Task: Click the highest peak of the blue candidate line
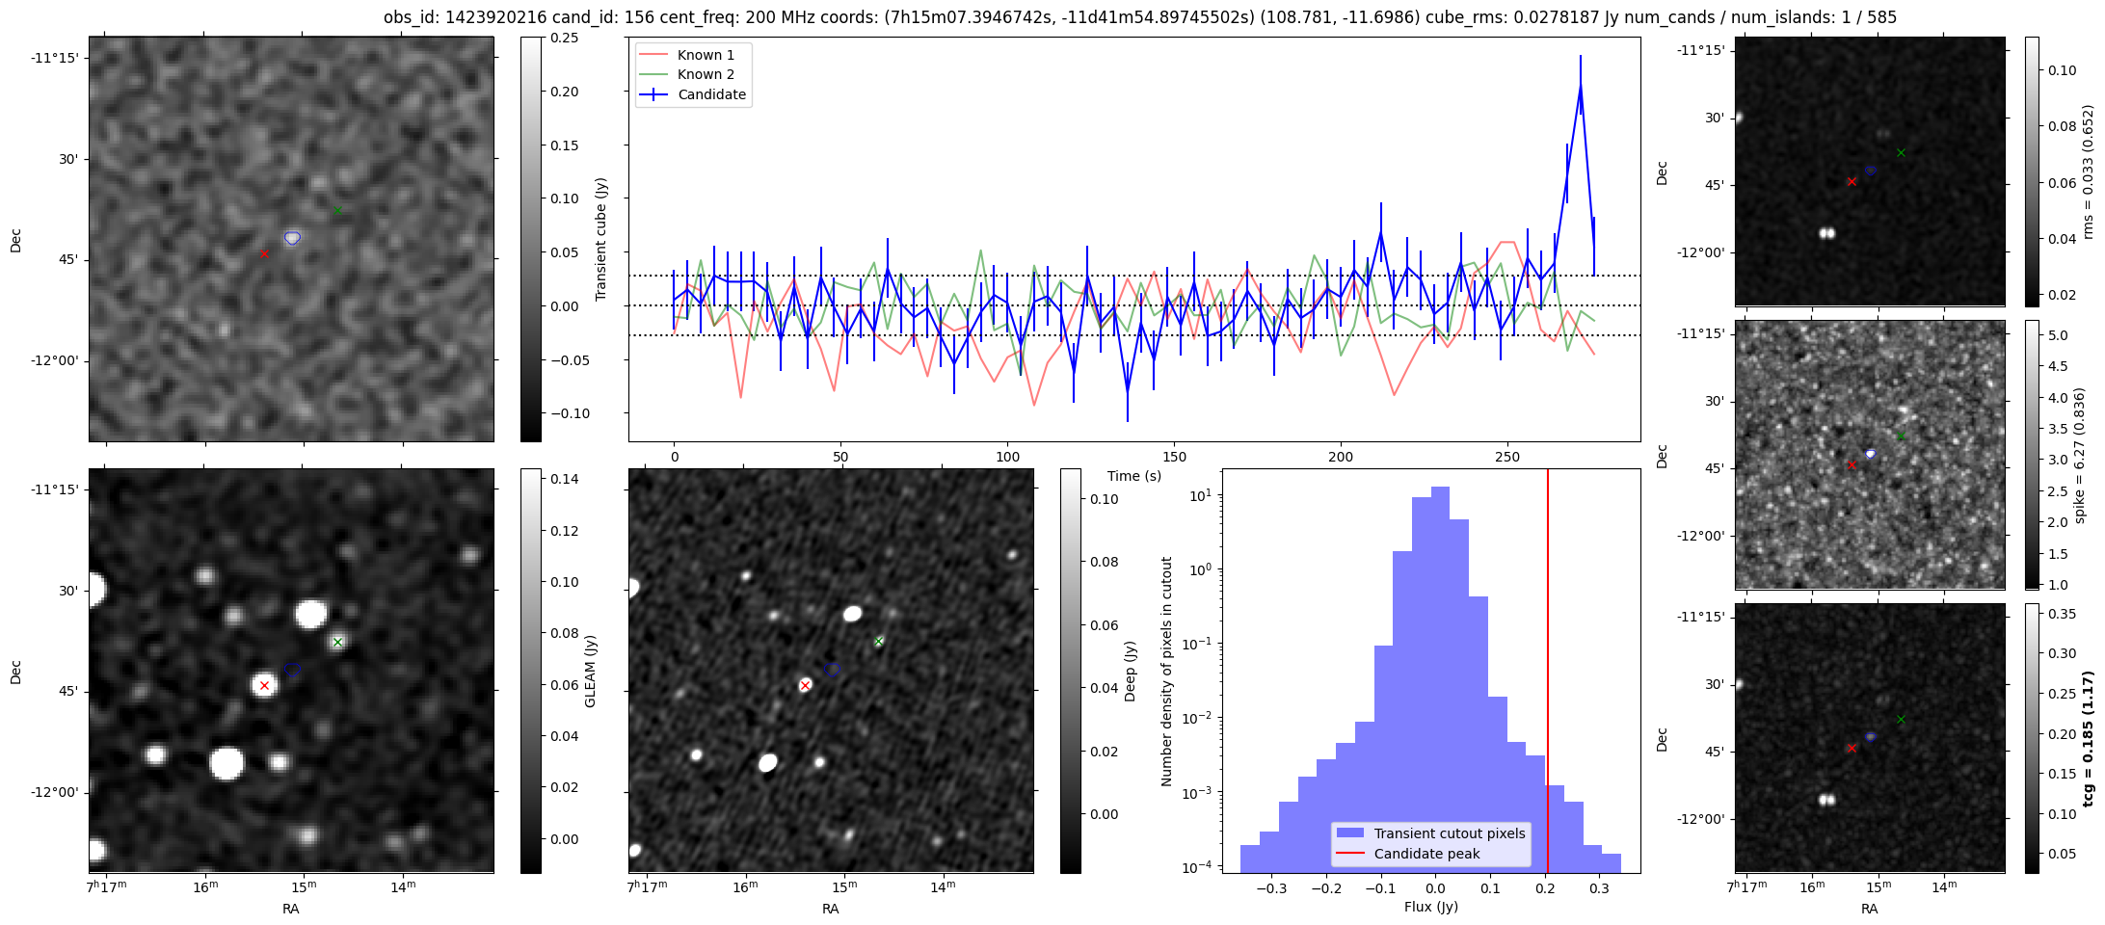point(1581,85)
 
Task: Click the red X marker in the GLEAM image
point(264,686)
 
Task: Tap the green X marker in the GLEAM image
point(337,642)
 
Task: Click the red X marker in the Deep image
point(805,686)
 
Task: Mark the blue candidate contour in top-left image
point(292,238)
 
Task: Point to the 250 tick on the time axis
point(1506,457)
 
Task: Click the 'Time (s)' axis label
point(1134,476)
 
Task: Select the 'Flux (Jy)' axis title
point(1430,907)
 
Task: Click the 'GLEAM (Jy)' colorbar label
point(590,671)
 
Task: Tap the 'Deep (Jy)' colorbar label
point(1130,671)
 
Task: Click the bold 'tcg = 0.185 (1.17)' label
point(2088,739)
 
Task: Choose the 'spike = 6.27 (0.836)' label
point(2080,455)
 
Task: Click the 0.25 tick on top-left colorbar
point(564,38)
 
